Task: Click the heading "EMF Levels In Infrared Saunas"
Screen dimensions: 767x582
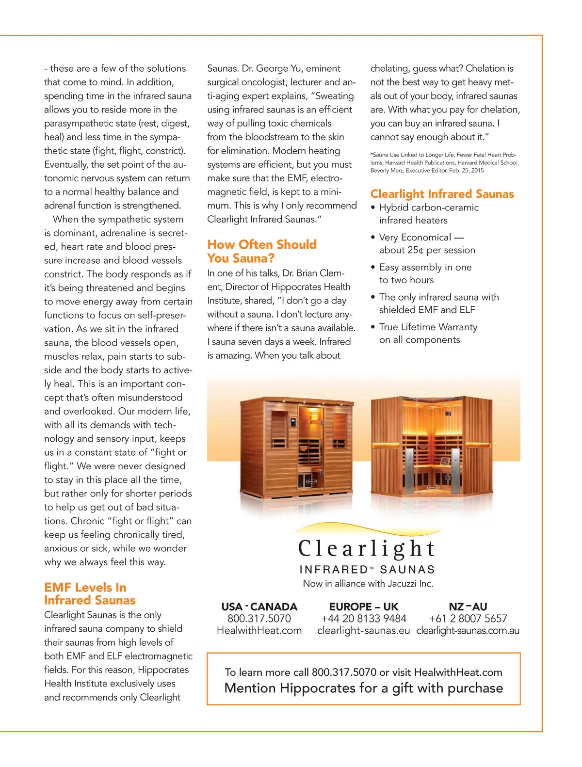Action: (x=90, y=594)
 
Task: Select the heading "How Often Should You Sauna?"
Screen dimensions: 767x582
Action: (x=262, y=251)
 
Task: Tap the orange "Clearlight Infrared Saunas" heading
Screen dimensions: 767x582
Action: (x=442, y=194)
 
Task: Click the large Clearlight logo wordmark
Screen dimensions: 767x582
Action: (x=367, y=549)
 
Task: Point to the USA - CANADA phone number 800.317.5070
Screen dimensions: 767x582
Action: (x=259, y=619)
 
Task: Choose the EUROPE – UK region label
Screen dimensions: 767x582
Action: (x=364, y=607)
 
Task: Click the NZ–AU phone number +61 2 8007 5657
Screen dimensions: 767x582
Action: (x=468, y=619)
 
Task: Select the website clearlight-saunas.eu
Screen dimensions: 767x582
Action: (x=364, y=631)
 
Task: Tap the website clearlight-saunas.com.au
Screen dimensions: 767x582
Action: (x=468, y=631)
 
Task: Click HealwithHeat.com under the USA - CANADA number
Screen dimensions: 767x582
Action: (x=259, y=631)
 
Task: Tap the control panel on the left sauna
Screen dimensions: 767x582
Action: (x=293, y=422)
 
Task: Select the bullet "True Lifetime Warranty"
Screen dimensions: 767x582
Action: (x=428, y=327)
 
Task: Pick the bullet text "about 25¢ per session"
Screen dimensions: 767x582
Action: (x=427, y=250)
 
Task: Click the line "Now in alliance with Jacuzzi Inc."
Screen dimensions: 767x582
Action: (x=368, y=584)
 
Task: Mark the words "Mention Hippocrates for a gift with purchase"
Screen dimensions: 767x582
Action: (x=364, y=688)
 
